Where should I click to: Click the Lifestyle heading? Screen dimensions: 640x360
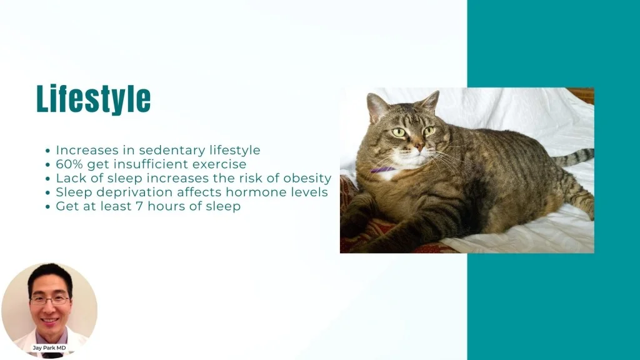pos(94,99)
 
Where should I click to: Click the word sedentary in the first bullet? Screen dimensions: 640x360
pos(172,150)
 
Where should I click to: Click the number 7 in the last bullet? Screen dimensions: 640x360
pos(139,206)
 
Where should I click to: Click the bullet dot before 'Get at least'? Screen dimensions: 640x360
pos(47,206)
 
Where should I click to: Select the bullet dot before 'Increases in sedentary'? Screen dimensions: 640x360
pos(47,151)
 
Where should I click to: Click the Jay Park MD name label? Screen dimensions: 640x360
pos(49,347)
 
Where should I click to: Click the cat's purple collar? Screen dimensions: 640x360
pos(382,170)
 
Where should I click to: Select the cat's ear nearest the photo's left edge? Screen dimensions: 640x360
pos(376,107)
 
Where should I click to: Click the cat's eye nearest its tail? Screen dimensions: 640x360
pos(429,131)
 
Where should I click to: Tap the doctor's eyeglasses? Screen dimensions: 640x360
pos(50,301)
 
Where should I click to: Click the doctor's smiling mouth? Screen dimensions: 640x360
pos(50,321)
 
